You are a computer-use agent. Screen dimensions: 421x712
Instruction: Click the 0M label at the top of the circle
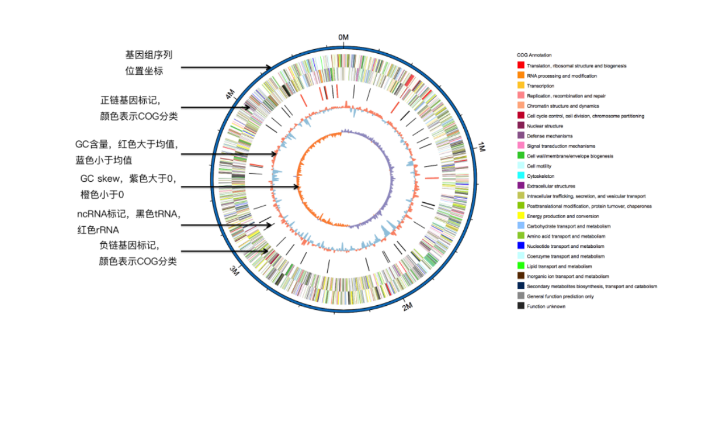pyautogui.click(x=343, y=37)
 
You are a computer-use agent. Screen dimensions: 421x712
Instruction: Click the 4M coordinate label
pyautogui.click(x=231, y=94)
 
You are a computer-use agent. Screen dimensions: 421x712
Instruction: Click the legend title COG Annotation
pyautogui.click(x=534, y=55)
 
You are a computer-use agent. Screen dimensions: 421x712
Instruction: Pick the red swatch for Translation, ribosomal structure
pyautogui.click(x=520, y=65)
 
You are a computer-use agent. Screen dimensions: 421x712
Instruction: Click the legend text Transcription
pyautogui.click(x=540, y=85)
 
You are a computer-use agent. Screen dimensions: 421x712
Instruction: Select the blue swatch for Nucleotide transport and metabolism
pyautogui.click(x=520, y=246)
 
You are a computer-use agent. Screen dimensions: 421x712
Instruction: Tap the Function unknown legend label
pyautogui.click(x=546, y=306)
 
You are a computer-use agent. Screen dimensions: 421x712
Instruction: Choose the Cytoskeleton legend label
pyautogui.click(x=540, y=176)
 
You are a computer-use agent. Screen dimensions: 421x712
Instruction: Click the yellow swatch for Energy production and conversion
pyautogui.click(x=520, y=216)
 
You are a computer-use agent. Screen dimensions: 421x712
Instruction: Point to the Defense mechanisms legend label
pyautogui.click(x=550, y=136)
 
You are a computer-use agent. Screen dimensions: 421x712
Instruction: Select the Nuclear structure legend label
pyautogui.click(x=545, y=126)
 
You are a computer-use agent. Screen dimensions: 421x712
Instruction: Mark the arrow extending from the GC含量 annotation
pyautogui.click(x=228, y=154)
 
